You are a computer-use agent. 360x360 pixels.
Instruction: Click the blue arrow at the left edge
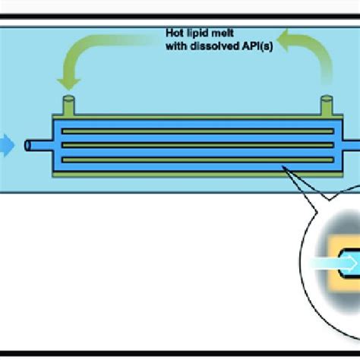(6, 144)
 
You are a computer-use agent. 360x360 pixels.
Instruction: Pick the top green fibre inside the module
(197, 130)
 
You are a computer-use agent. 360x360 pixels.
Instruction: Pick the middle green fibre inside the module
(197, 144)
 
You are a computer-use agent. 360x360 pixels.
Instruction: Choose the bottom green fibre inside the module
(197, 159)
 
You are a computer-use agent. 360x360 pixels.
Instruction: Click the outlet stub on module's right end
(354, 144)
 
